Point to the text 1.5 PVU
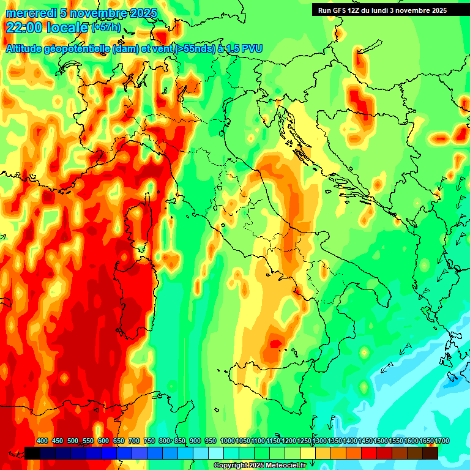pyautogui.click(x=244, y=48)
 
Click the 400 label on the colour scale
pyautogui.click(x=42, y=441)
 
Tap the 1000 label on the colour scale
pyautogui.click(x=227, y=441)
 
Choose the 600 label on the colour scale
pyautogui.click(x=103, y=441)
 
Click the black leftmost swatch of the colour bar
pyautogui.click(x=32, y=453)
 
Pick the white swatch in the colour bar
pyautogui.click(x=216, y=453)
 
